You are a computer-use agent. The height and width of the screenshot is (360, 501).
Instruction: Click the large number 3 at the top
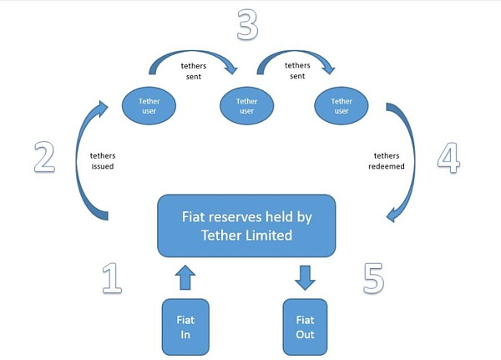coord(247,24)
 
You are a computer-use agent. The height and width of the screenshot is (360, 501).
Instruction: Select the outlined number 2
coord(44,157)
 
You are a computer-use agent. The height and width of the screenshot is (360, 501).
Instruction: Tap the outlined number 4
coord(448,158)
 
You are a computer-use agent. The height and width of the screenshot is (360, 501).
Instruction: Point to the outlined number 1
coord(112,278)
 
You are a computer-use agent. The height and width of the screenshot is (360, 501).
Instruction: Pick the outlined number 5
coord(373,278)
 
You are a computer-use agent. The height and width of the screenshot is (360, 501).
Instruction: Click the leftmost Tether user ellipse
coord(149,106)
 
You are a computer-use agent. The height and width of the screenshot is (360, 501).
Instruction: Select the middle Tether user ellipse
coord(246,106)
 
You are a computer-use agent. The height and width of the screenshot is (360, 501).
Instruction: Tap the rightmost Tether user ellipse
coord(342,106)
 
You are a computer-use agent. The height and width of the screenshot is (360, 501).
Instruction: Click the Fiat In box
coord(185,327)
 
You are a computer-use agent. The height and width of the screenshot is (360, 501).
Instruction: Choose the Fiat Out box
coord(305,327)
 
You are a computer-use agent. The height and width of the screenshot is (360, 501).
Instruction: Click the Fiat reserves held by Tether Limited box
coord(246,226)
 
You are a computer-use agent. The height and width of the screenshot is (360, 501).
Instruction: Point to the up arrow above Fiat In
coord(185,277)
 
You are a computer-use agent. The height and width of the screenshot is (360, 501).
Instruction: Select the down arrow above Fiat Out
coord(305,277)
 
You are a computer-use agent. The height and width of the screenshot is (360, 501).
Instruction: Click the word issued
coord(103,166)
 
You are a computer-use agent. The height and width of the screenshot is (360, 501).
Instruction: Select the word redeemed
coord(387,166)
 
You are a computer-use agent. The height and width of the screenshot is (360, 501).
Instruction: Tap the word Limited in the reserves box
coord(269,236)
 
